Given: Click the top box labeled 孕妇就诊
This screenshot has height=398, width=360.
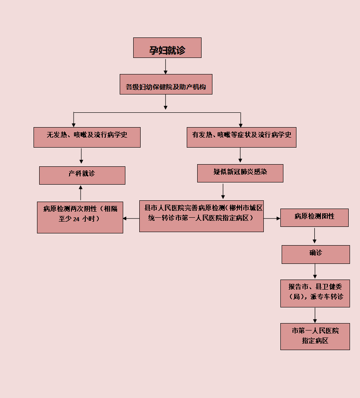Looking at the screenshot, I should pos(167,48).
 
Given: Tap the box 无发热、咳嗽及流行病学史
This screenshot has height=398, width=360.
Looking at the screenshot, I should pos(87,137).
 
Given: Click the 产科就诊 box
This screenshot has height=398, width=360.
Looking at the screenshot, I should pos(82,175).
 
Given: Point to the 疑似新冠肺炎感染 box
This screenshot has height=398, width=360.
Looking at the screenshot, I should pos(240,173).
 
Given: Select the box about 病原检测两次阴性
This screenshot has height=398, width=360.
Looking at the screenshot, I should pos(80,216).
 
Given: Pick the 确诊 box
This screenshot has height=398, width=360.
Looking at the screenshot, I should pos(315,254).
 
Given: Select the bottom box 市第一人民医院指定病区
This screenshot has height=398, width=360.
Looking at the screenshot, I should pos(315,336).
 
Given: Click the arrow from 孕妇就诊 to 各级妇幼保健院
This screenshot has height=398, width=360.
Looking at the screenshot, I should pos(165,66).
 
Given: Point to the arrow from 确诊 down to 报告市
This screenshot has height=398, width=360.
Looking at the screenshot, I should pos(315,271).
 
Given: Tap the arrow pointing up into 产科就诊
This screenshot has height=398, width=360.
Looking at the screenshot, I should pos(81,192).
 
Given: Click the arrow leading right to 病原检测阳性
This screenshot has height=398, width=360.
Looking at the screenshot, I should pos(272,218).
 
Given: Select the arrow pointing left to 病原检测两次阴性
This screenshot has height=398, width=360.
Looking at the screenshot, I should pos(131,218).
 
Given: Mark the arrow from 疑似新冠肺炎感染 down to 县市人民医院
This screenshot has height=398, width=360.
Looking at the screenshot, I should pos(223,191).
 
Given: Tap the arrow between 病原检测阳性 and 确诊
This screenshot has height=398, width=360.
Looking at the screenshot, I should pos(314,236).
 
